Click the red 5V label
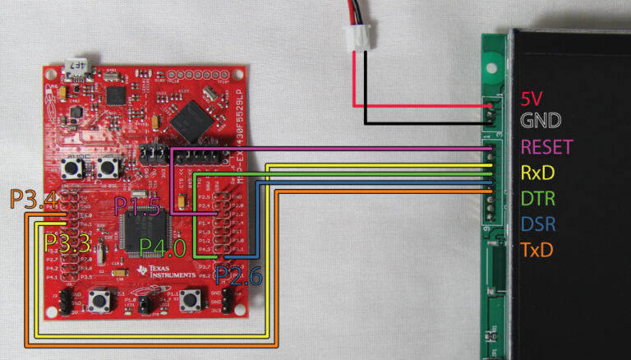pos(532,98)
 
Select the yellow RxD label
pos(539,173)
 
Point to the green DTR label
pos(538,198)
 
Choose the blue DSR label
pos(539,223)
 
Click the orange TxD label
pos(538,247)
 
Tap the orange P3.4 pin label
pos(32,198)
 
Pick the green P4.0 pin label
pos(163,247)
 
